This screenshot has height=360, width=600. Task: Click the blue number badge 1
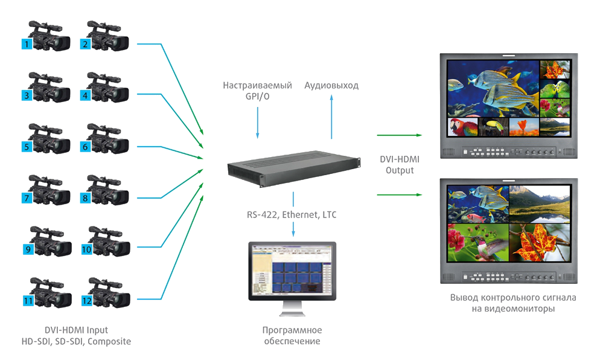(x=27, y=44)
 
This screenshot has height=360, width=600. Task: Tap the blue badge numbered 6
(x=85, y=147)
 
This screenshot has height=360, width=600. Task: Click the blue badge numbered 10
(x=86, y=249)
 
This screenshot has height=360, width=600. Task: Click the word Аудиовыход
(x=331, y=85)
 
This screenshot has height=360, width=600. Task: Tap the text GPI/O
(x=258, y=97)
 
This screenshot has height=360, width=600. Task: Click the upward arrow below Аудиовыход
(x=331, y=117)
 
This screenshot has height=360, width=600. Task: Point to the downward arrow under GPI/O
(x=258, y=123)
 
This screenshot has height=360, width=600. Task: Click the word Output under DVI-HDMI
(x=400, y=170)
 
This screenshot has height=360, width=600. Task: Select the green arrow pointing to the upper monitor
(x=399, y=135)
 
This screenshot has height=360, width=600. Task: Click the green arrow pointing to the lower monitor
(x=399, y=195)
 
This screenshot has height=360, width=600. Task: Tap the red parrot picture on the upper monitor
(x=462, y=127)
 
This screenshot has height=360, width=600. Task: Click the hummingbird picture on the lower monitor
(x=478, y=243)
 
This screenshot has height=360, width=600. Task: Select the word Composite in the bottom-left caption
(x=109, y=341)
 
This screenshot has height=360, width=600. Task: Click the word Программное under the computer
(x=292, y=330)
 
